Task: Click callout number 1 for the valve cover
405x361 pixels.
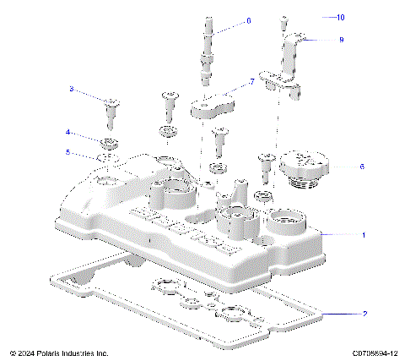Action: [364, 234]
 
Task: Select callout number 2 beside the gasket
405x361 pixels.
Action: [364, 315]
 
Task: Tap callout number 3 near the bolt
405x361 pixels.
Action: [72, 89]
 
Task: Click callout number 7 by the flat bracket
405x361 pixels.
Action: [251, 82]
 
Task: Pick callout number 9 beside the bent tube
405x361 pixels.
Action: [341, 39]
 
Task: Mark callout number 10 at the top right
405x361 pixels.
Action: [341, 17]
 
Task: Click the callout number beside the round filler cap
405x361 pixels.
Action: [362, 167]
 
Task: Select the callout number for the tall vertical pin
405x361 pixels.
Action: [248, 20]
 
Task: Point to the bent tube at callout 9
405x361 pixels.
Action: [291, 63]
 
